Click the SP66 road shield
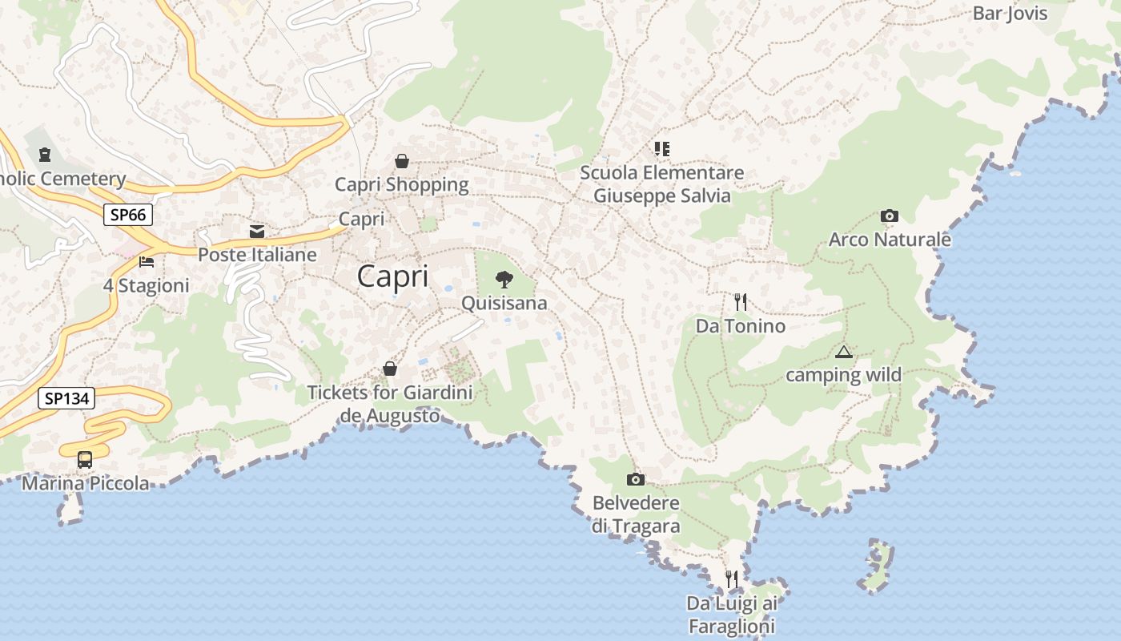point(127,215)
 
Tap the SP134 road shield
point(66,397)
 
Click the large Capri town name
point(392,276)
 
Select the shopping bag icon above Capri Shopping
point(402,161)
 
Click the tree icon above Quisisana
point(504,279)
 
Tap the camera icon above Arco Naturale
point(889,216)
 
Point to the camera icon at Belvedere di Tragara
point(636,479)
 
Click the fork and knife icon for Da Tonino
point(741,302)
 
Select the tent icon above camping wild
point(843,352)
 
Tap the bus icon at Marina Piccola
point(85,460)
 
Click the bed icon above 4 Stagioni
point(146,261)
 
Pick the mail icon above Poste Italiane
point(257,231)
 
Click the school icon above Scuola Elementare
point(661,148)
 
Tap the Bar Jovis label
point(1010,13)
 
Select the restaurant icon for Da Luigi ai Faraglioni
point(731,578)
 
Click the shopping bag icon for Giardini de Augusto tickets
point(390,369)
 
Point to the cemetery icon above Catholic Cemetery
point(44,154)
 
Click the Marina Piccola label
point(85,483)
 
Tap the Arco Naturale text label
point(890,240)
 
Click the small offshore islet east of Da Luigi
point(877,566)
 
